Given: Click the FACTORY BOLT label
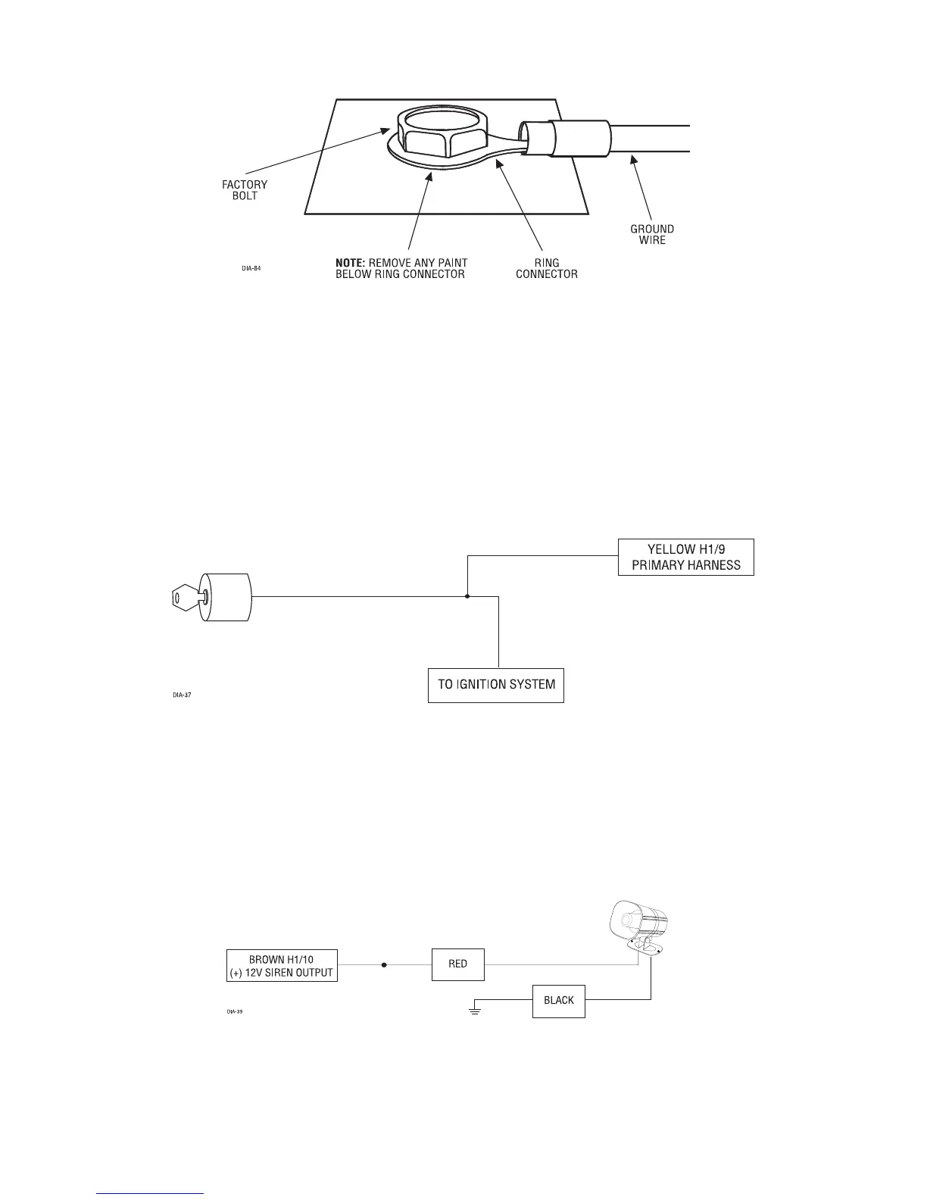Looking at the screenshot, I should (x=244, y=190).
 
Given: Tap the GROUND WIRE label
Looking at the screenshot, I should (x=651, y=234).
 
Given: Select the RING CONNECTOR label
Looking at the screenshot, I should (x=546, y=269).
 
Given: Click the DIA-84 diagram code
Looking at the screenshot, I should (x=251, y=268).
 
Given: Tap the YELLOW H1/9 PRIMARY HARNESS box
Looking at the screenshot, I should (x=685, y=558).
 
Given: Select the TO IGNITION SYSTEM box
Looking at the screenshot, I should (x=495, y=685).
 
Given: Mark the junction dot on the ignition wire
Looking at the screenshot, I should (x=467, y=596).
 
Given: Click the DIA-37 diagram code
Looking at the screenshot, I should (x=179, y=693).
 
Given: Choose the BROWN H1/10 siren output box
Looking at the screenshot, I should (x=282, y=965).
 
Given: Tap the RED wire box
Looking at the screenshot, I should (x=457, y=964).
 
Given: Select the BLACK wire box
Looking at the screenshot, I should (x=558, y=1000).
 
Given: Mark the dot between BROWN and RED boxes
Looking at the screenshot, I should (x=384, y=965).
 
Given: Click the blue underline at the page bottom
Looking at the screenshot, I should (x=151, y=1195).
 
